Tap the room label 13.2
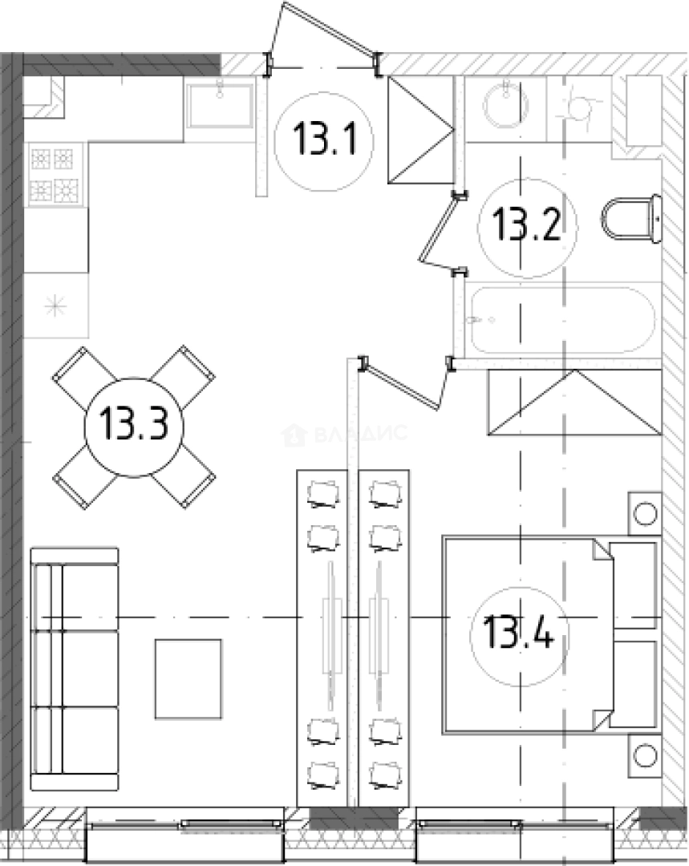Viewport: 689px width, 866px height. pyautogui.click(x=526, y=224)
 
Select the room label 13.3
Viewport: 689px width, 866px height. pyautogui.click(x=134, y=424)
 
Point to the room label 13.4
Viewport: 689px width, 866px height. pyautogui.click(x=517, y=632)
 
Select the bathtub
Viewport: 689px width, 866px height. pyautogui.click(x=562, y=320)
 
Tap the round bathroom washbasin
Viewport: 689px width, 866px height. pyautogui.click(x=505, y=105)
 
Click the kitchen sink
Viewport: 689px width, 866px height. pyautogui.click(x=220, y=105)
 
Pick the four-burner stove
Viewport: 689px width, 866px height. pyautogui.click(x=55, y=175)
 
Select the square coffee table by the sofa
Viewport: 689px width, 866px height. pyautogui.click(x=188, y=679)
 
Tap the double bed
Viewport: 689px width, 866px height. pyautogui.click(x=549, y=635)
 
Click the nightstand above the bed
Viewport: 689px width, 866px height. pyautogui.click(x=645, y=514)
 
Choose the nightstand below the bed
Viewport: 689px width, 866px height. pyautogui.click(x=645, y=755)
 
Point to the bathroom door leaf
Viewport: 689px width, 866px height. pyautogui.click(x=440, y=232)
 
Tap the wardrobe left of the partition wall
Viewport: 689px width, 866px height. pyautogui.click(x=322, y=638)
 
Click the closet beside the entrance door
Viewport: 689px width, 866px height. pyautogui.click(x=421, y=130)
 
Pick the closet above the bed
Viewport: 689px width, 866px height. pyautogui.click(x=574, y=402)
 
